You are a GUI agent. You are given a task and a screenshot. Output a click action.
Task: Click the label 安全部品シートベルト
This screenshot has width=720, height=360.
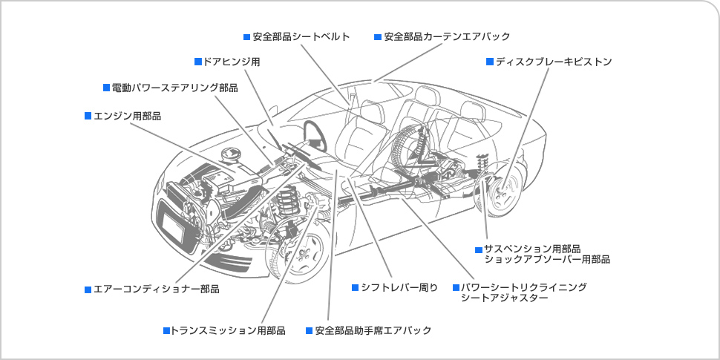[301, 36]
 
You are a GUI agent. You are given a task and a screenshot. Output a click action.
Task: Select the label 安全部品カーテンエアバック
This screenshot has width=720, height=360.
[447, 36]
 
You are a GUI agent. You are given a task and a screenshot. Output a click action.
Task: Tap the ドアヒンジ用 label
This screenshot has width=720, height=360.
[232, 62]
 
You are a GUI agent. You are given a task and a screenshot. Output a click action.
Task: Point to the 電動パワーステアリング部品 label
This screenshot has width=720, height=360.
[175, 88]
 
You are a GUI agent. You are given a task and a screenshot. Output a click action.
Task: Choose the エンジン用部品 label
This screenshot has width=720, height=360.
[127, 117]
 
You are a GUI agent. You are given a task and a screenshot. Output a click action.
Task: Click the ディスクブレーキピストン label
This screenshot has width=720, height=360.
[554, 62]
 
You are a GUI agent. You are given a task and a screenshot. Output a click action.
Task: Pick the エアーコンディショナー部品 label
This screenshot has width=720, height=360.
[156, 289]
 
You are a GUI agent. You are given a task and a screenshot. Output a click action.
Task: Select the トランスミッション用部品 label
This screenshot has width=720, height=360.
[228, 330]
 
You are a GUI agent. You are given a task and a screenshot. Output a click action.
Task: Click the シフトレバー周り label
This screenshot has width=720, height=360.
[399, 288]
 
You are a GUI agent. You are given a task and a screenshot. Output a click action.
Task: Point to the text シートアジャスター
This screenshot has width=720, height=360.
[505, 298]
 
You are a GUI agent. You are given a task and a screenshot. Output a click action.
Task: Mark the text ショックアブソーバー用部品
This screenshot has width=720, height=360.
[547, 260]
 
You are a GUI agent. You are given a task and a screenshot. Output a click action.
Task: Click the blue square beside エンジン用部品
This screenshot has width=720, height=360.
[88, 116]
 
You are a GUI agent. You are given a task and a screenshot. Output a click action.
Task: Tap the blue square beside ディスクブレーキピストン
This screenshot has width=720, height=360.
[490, 62]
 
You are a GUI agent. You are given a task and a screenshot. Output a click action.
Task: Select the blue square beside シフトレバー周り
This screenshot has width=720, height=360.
[355, 287]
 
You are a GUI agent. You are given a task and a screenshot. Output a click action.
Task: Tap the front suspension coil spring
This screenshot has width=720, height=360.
[288, 204]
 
